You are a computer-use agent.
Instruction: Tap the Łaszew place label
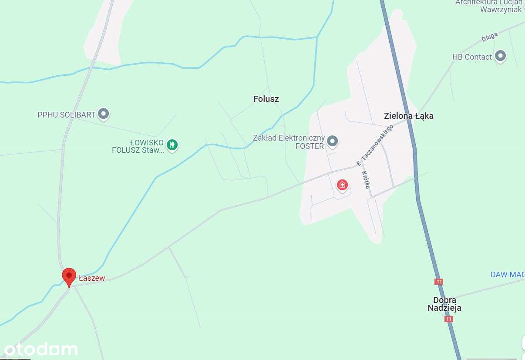92,278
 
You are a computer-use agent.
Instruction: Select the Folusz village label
266,99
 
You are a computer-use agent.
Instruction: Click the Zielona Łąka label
408,116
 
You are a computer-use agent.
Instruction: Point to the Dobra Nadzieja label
444,304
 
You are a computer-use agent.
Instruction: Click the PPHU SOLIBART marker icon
103,114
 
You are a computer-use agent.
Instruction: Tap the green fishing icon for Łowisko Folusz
172,144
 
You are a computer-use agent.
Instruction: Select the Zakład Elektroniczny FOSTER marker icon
333,141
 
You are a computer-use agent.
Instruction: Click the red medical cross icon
343,185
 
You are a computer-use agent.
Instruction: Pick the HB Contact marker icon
501,56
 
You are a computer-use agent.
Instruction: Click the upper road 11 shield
439,282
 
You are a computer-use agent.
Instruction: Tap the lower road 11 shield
449,319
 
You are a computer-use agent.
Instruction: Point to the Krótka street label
366,179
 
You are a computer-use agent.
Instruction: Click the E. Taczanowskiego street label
374,145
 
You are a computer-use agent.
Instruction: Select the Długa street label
489,38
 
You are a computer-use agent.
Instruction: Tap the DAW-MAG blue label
507,274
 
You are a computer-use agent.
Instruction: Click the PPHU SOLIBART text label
66,115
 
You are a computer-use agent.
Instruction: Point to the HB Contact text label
472,57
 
